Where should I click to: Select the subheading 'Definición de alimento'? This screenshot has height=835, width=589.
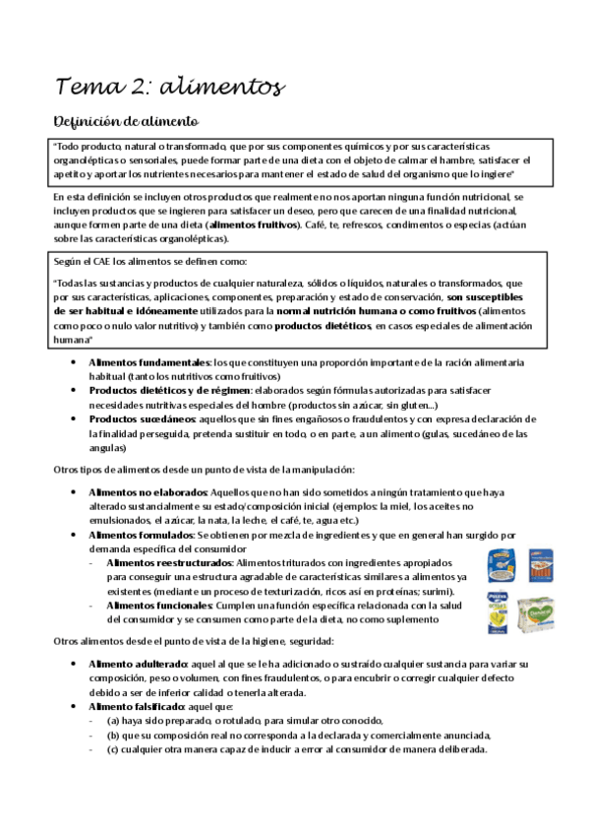click(x=126, y=122)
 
